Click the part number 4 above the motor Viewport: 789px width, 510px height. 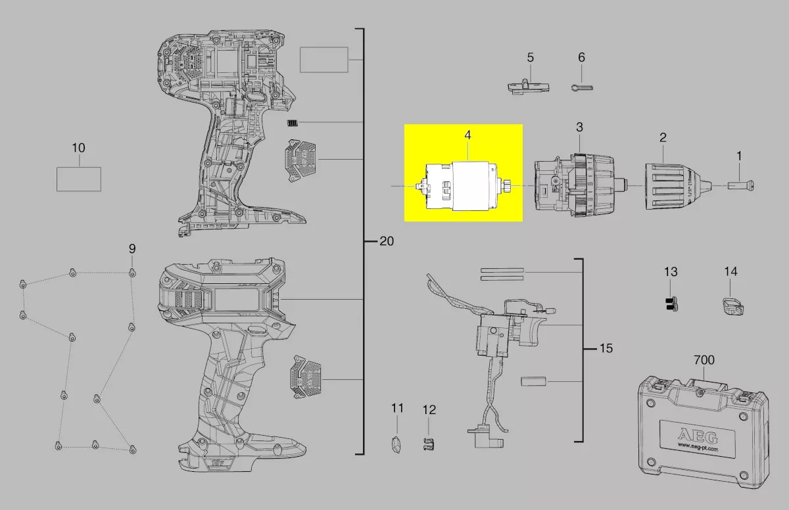pyautogui.click(x=467, y=135)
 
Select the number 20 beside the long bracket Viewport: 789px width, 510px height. pyautogui.click(x=387, y=241)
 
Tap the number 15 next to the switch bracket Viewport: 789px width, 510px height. pyautogui.click(x=606, y=348)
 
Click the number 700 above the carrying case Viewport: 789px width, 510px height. pyautogui.click(x=704, y=359)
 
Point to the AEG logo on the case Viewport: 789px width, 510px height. pyautogui.click(x=698, y=436)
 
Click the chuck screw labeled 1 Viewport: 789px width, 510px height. pyautogui.click(x=741, y=185)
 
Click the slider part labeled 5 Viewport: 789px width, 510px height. pyautogui.click(x=529, y=87)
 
